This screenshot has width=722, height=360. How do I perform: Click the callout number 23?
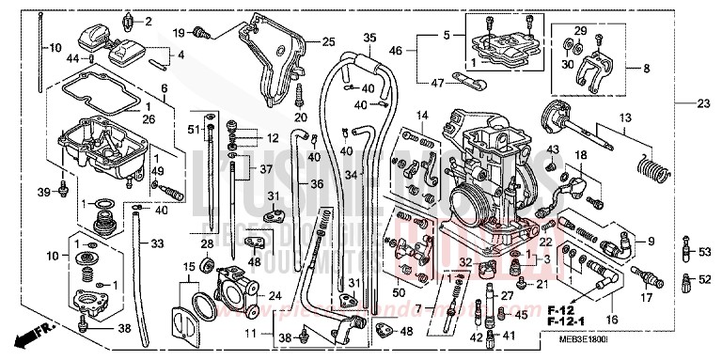[x=704, y=103]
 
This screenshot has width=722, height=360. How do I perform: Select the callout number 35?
[x=369, y=38]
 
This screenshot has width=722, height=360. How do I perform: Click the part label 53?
[x=703, y=253]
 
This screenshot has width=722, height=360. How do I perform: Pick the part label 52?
[x=703, y=279]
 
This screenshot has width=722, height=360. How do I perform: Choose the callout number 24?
[x=275, y=294]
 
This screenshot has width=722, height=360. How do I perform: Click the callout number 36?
[x=317, y=183]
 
